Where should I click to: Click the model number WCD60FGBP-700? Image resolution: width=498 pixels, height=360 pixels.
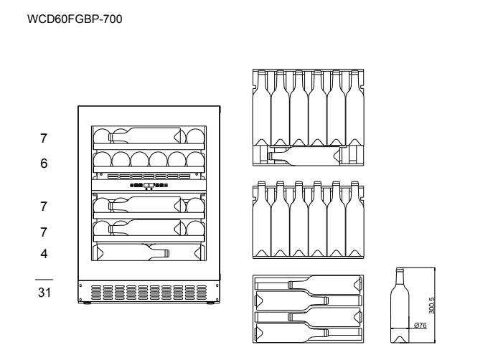click(x=75, y=19)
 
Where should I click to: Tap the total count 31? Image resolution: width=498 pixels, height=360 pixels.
click(x=44, y=293)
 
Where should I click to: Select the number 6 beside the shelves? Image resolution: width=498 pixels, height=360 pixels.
click(x=44, y=164)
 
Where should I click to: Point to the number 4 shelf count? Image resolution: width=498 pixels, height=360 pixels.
click(x=44, y=254)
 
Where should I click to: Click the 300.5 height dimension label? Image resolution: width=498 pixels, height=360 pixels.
click(x=431, y=305)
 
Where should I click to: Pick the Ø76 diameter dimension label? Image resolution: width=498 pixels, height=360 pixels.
click(x=421, y=325)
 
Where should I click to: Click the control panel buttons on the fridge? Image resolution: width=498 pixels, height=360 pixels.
click(x=149, y=186)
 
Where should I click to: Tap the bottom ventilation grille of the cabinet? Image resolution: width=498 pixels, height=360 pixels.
click(x=149, y=293)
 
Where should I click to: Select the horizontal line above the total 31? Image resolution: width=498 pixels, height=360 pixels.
click(x=44, y=280)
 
